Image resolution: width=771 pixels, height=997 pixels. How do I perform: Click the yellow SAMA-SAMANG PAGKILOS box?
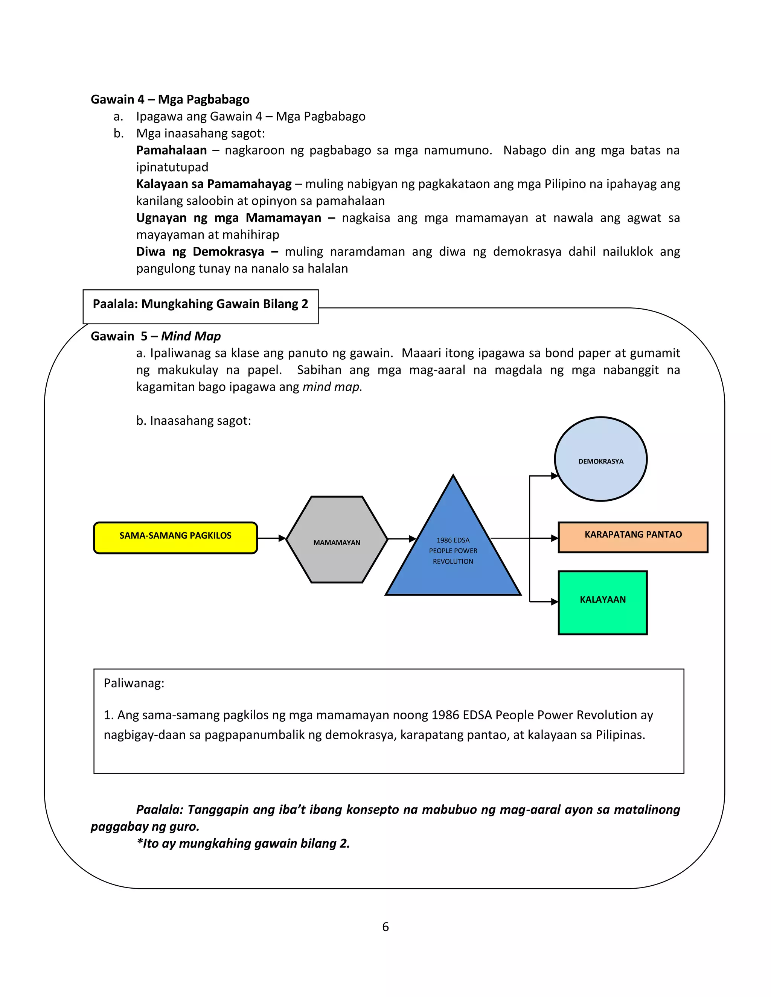175,537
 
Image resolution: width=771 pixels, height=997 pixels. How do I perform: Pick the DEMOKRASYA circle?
600,459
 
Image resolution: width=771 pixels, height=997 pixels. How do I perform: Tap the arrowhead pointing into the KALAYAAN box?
554,602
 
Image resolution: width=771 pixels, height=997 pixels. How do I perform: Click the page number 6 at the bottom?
385,927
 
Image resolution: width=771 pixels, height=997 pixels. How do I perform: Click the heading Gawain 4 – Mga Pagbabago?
170,100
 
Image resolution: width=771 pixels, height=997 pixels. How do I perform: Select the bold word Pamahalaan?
171,150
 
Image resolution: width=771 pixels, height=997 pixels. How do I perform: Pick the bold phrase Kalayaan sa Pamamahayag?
214,184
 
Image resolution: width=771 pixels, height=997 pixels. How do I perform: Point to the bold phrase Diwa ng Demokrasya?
200,252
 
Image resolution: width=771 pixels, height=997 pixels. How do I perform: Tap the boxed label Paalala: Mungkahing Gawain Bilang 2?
201,304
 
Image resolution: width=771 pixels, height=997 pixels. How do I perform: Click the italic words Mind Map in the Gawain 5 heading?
191,336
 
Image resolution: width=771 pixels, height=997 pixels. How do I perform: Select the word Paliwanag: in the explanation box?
134,683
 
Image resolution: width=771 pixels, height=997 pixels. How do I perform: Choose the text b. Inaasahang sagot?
194,421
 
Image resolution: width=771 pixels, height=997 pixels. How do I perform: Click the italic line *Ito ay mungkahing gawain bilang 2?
243,843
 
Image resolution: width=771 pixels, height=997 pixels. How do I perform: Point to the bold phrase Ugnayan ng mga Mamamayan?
229,218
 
